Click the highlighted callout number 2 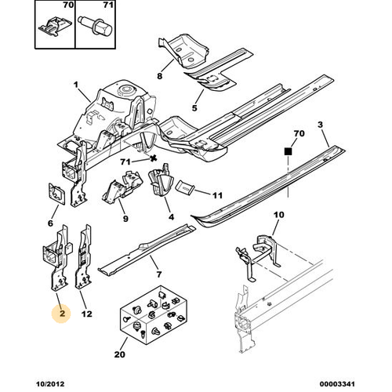coord(62,313)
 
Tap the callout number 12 coord(86,314)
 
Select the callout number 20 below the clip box coord(120,354)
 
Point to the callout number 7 coord(159,274)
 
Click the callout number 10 coord(278,215)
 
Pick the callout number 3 coord(320,125)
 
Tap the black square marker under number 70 coord(288,151)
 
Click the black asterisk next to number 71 coord(154,158)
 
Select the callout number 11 coord(217,195)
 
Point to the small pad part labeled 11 coord(185,187)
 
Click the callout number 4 coord(171,216)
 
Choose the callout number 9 coord(125,219)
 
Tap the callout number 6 coord(50,223)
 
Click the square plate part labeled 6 coord(56,194)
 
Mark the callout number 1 coord(76,85)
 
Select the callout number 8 coord(159,76)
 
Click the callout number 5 coord(194,107)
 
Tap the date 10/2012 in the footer coord(50,384)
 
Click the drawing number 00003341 coord(337,384)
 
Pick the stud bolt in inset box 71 coord(95,26)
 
